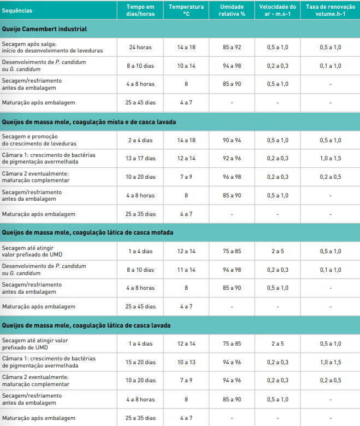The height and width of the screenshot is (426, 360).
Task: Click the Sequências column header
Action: click(17, 10)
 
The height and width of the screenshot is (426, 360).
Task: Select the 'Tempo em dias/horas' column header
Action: click(140, 10)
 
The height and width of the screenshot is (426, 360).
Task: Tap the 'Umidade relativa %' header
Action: click(232, 10)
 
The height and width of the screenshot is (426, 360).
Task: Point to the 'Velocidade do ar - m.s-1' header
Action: click(278, 10)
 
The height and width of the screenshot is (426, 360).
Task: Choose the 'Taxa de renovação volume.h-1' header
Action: click(330, 10)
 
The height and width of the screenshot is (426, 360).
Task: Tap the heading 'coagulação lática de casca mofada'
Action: click(87, 232)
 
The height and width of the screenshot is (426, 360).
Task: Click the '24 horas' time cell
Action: click(140, 48)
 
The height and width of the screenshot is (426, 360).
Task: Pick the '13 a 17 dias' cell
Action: click(140, 159)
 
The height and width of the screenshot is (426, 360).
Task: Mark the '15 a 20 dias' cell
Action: click(140, 362)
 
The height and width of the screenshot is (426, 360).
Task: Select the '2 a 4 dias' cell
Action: click(140, 140)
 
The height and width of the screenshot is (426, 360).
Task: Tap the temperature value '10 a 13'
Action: click(186, 362)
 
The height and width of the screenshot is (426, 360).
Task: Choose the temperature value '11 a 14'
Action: click(186, 270)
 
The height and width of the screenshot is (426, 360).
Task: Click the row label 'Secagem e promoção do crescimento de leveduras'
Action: click(37, 140)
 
